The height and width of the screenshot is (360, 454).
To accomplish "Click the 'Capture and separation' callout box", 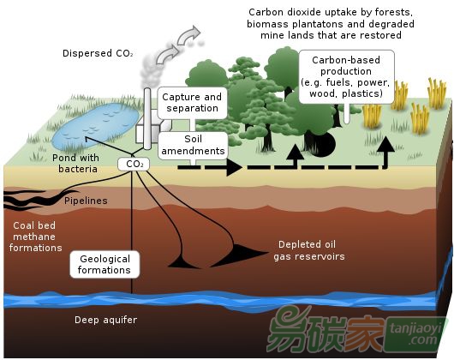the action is [x=192, y=103].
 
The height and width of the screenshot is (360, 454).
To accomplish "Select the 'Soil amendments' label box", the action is [x=193, y=146].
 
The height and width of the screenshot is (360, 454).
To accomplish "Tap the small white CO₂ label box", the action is [x=134, y=165].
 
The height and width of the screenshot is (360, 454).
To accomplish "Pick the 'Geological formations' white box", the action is [x=105, y=265].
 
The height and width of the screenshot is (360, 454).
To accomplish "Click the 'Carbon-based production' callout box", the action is [x=346, y=77].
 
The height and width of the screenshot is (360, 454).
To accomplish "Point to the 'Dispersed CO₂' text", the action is [x=98, y=53].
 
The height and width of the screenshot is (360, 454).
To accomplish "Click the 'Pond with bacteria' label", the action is [x=76, y=164].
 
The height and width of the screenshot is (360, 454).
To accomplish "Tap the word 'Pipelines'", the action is [x=86, y=201].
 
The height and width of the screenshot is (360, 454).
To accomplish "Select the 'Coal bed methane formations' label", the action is [x=35, y=237].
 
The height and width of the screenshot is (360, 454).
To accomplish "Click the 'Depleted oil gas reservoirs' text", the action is [x=309, y=250].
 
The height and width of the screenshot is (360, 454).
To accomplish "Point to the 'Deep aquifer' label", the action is [x=105, y=320].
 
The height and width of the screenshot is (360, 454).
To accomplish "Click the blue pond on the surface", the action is [x=96, y=125].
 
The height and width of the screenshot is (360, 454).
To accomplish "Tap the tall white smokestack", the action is [x=147, y=119].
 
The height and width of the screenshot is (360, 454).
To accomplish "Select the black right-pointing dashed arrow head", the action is [x=233, y=167].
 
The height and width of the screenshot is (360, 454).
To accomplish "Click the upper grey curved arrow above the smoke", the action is [x=188, y=35].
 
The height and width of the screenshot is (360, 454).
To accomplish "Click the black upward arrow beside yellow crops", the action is [x=385, y=152].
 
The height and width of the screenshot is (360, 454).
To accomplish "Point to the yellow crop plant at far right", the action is [x=437, y=93].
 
